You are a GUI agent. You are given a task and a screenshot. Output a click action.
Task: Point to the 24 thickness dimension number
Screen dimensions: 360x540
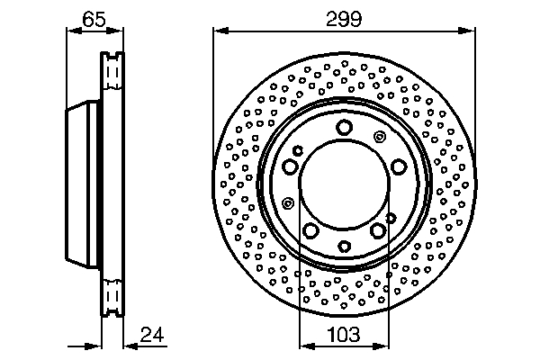tap(153, 335)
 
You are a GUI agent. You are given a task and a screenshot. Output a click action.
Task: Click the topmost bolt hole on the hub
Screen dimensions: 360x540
tap(344, 128)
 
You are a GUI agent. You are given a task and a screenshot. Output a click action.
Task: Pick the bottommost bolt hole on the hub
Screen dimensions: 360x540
tap(344, 247)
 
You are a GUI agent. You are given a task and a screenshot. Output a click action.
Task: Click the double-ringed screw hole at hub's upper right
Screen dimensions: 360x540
tap(379, 136)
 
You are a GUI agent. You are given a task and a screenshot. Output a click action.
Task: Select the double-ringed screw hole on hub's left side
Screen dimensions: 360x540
tap(287, 202)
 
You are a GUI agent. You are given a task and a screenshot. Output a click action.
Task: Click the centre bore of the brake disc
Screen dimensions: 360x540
tap(344, 187)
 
